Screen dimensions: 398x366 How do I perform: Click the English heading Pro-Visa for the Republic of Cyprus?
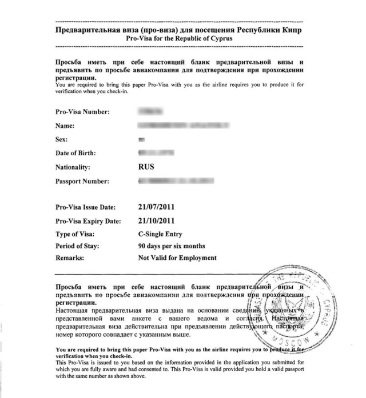tap(179, 38)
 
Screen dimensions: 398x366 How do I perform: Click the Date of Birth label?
tap(75, 154)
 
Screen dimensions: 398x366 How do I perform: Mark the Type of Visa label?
tap(77, 234)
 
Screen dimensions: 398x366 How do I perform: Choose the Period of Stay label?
tap(78, 246)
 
